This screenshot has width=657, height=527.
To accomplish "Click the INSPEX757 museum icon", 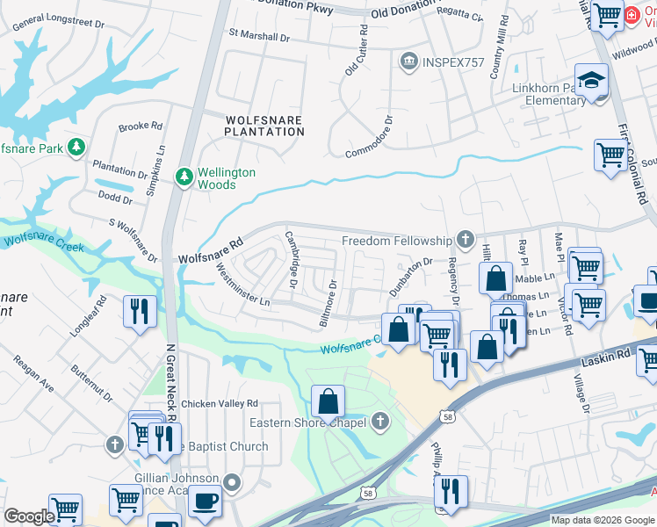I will (408, 61).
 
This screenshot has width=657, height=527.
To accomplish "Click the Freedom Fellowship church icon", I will (465, 240).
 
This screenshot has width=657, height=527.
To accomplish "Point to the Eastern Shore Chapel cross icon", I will (379, 422).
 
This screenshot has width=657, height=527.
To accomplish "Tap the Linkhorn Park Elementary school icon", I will (591, 81).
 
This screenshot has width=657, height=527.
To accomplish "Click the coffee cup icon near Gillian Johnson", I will (206, 501).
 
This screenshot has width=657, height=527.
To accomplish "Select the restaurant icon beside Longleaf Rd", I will (141, 311).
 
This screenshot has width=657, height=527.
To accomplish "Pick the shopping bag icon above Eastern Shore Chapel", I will (328, 401).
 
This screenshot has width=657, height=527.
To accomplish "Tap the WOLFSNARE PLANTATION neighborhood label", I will (264, 126).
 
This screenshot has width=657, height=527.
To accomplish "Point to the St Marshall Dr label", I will (258, 37).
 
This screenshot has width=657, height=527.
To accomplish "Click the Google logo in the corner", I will (29, 516).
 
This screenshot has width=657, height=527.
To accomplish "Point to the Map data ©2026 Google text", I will (602, 520).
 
